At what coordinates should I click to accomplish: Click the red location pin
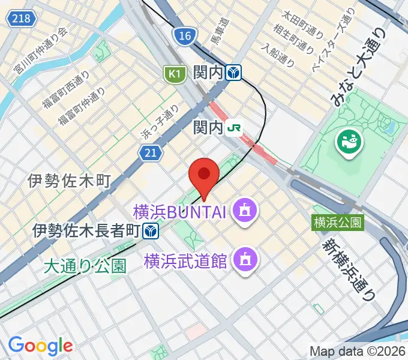[x=204, y=175]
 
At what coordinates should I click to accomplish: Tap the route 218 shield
[x=20, y=19]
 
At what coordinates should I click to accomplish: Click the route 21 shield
[x=151, y=154]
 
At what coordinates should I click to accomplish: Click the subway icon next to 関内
[x=233, y=73]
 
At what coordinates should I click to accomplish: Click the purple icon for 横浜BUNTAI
[x=245, y=211]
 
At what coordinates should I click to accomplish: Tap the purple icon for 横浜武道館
[x=245, y=260]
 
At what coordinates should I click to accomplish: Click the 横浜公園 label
[x=338, y=223]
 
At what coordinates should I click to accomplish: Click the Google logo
[x=40, y=345]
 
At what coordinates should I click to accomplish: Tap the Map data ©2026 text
[x=358, y=351]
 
